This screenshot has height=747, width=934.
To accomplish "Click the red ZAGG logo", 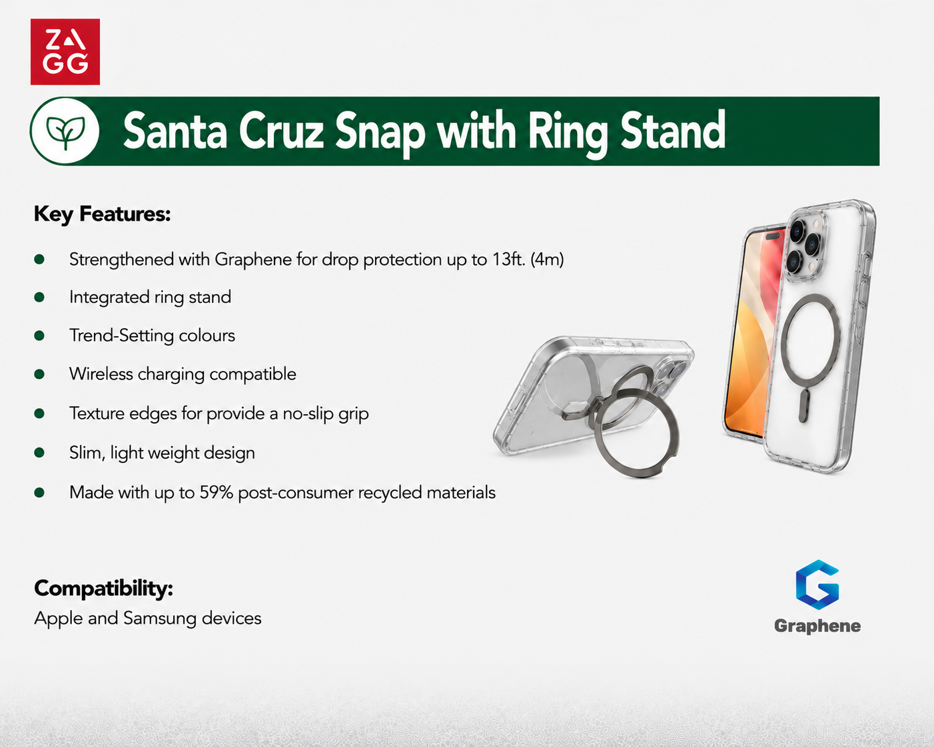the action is click(65, 52).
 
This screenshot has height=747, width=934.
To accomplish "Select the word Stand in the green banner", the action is click(673, 130).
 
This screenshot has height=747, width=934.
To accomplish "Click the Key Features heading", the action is click(103, 214).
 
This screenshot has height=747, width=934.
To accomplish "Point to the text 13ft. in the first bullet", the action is click(509, 260).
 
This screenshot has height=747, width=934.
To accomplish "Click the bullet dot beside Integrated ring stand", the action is click(39, 297).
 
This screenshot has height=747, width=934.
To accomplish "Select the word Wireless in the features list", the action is click(101, 374).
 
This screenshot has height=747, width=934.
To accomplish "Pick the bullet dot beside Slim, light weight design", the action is click(39, 453).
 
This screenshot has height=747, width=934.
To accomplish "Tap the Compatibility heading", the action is click(103, 589).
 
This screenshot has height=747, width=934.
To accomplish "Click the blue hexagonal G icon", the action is click(817, 585).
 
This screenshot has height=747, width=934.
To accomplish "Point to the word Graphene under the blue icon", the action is click(817, 626).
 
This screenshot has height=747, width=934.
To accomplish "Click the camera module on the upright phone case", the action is click(807, 246).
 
